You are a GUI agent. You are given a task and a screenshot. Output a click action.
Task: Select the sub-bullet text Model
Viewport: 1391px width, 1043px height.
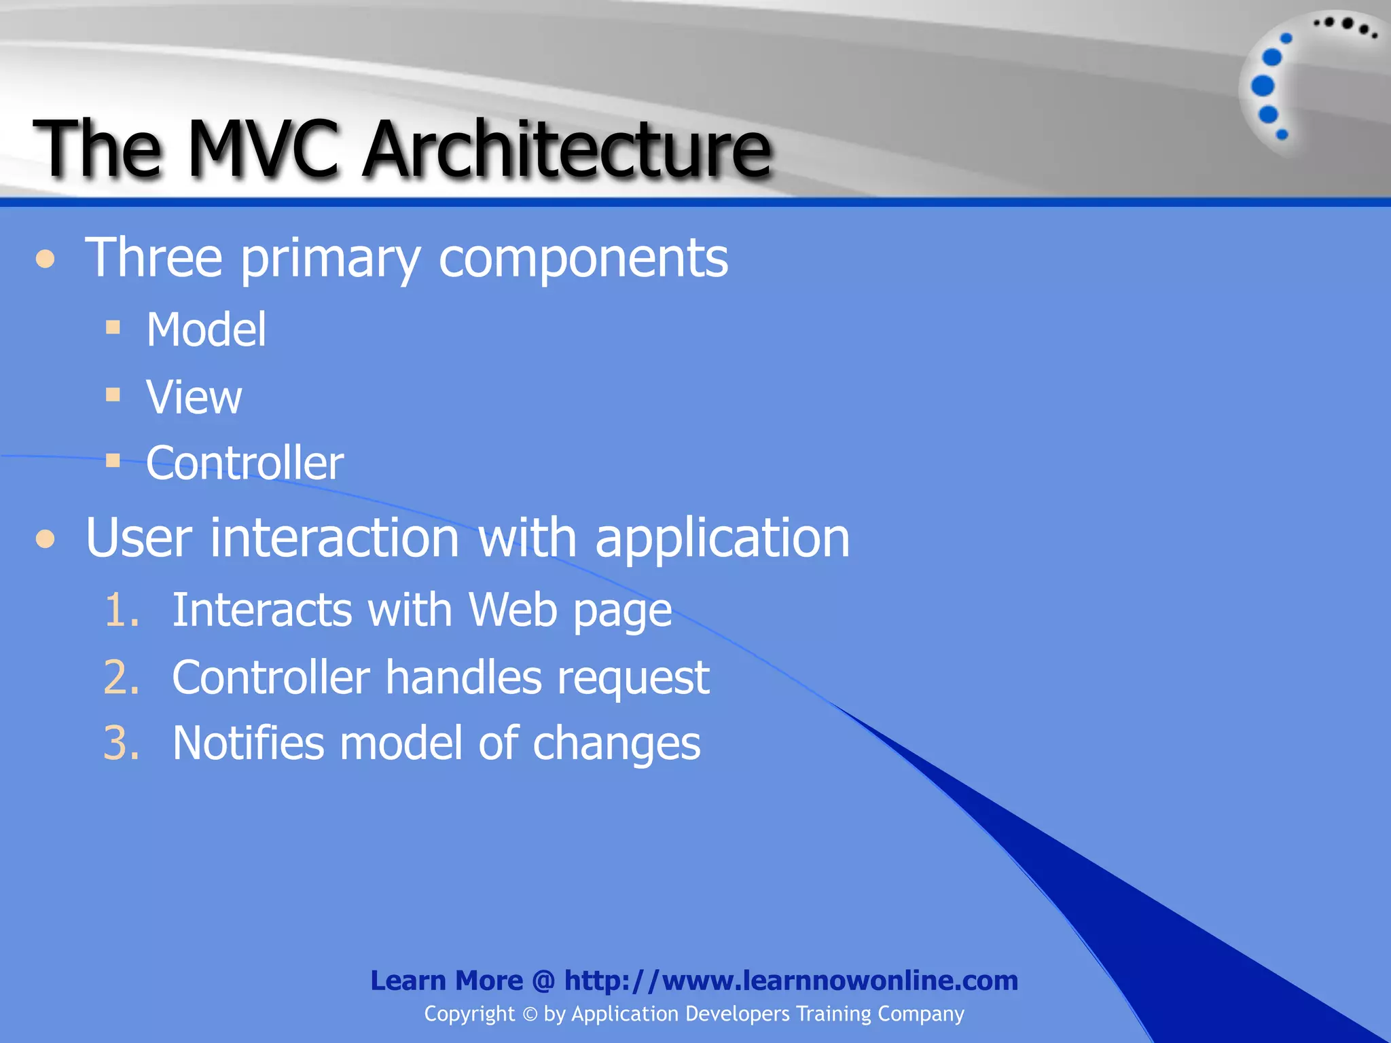coord(206,330)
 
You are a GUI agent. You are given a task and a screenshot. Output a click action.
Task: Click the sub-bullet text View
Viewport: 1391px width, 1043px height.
coord(194,397)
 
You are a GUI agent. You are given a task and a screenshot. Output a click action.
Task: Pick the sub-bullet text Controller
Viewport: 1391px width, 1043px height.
coord(245,464)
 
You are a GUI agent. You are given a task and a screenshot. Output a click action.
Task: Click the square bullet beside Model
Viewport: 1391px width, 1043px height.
coord(113,328)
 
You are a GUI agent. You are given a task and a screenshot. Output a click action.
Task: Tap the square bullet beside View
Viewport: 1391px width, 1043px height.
coord(113,395)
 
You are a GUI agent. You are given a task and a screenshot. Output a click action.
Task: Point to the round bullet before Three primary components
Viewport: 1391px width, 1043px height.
coord(46,259)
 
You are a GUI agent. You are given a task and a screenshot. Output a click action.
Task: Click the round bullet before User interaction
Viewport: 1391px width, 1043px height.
coord(46,539)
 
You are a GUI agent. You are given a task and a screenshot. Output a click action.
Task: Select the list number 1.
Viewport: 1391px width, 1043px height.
coord(120,610)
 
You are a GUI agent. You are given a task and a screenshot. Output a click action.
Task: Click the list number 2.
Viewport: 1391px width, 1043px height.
coord(121,677)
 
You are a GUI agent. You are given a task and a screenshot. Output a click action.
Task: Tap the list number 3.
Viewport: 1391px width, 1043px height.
coord(121,743)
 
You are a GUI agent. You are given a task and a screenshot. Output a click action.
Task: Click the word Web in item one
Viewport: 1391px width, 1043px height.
coord(513,610)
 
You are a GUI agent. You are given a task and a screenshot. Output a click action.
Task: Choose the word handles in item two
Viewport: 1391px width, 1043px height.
coord(464,677)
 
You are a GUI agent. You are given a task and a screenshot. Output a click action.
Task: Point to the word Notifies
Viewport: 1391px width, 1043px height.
coord(248,743)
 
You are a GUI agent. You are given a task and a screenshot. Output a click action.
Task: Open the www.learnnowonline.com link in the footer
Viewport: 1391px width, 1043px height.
coord(791,981)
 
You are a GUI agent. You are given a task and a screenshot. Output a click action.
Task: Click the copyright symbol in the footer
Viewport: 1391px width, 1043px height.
coord(530,1014)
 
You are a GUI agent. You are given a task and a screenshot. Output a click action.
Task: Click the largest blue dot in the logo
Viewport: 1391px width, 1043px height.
coord(1263,86)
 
